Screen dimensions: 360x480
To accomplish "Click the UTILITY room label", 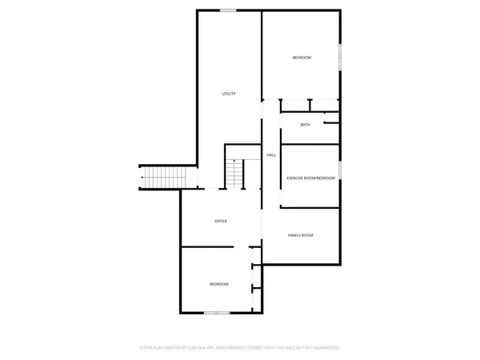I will (228, 94).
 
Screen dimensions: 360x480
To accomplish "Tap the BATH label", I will (306, 125).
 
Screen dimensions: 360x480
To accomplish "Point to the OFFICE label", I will (221, 221).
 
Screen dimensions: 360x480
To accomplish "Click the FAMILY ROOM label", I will (300, 234).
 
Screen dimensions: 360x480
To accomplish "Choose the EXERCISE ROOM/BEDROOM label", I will (311, 177).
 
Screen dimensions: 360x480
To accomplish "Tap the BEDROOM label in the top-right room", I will (302, 58).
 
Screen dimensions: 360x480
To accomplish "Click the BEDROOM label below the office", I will (218, 284).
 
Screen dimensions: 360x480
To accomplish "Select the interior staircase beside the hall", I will (234, 174).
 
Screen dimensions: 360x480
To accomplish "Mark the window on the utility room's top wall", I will (228, 10).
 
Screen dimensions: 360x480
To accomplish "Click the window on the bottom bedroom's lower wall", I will (217, 313).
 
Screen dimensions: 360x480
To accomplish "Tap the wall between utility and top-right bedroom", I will (262, 56).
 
